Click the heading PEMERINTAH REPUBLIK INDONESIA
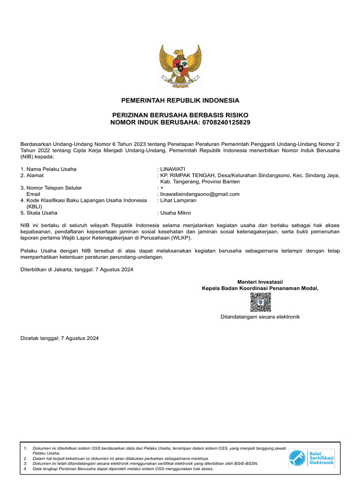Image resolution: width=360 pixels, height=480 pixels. click(x=180, y=101)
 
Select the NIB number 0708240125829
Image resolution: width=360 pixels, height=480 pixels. click(x=226, y=122)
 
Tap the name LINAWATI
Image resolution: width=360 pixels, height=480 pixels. click(x=173, y=169)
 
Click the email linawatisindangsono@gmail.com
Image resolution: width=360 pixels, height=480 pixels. click(x=200, y=194)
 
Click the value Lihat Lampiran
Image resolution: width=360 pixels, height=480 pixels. click(x=178, y=200)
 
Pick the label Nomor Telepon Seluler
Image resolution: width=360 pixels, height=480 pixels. click(x=54, y=188)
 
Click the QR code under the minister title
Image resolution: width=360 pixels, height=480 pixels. click(x=260, y=302)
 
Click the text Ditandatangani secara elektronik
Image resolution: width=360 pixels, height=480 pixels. click(x=260, y=317)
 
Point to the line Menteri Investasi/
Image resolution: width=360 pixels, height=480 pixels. click(x=260, y=282)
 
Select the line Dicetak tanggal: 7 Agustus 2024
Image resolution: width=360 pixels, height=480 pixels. click(x=60, y=338)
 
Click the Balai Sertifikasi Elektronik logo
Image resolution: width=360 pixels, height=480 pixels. click(x=311, y=457)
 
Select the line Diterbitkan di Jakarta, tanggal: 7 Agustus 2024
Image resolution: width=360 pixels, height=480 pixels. click(x=77, y=270)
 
